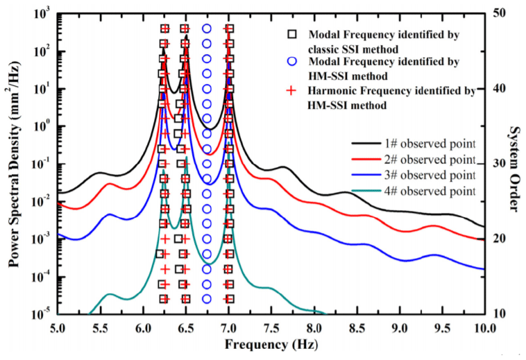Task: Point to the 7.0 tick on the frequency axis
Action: pyautogui.click(x=229, y=327)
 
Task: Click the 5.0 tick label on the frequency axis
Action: pyautogui.click(x=58, y=327)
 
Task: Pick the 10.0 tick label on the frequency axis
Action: pyautogui.click(x=484, y=327)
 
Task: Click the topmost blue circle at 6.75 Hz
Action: pyautogui.click(x=207, y=28)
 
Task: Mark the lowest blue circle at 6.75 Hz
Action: pyautogui.click(x=207, y=299)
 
